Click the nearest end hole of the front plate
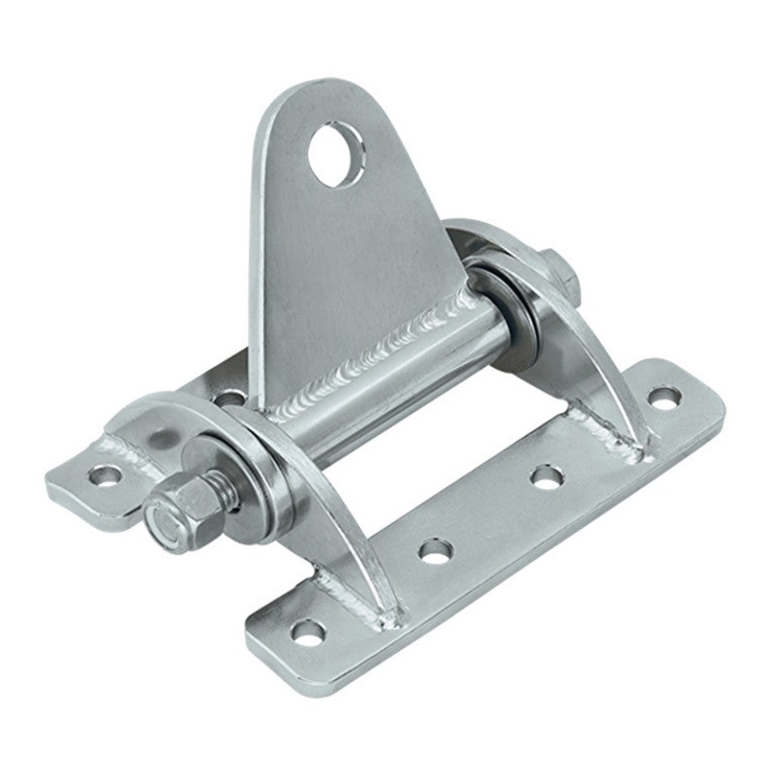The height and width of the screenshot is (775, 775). (x=309, y=635)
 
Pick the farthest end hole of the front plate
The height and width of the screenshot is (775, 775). (x=664, y=396)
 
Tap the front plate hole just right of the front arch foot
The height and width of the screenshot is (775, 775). (x=436, y=550)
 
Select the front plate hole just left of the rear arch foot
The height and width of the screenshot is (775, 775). (x=546, y=476)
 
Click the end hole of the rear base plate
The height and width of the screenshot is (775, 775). (x=105, y=475)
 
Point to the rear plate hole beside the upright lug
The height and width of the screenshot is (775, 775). (x=231, y=397)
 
